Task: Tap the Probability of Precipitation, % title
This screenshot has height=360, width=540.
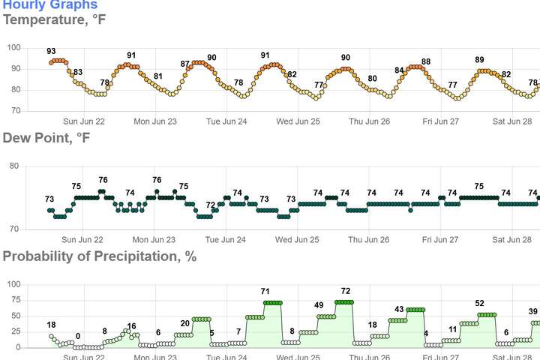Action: pyautogui.click(x=100, y=256)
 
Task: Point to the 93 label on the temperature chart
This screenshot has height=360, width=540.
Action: pyautogui.click(x=51, y=52)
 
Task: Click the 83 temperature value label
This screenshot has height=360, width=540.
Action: pyautogui.click(x=78, y=73)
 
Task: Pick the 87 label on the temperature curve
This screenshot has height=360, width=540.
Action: pyautogui.click(x=185, y=64)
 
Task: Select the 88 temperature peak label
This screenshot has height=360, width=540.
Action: pyautogui.click(x=426, y=62)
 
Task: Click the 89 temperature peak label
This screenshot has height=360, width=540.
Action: pyautogui.click(x=479, y=60)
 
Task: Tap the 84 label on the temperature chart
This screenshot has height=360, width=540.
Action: pyautogui.click(x=400, y=71)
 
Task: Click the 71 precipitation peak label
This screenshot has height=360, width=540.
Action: pyautogui.click(x=265, y=291)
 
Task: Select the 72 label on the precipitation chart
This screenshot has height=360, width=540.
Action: pyautogui.click(x=345, y=291)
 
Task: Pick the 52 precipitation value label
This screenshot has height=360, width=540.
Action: pyautogui.click(x=479, y=304)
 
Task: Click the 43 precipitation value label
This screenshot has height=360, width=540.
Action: pyautogui.click(x=400, y=309)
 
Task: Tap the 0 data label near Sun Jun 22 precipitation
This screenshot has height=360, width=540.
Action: pyautogui.click(x=78, y=337)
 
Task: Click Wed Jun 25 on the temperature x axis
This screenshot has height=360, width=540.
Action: pyautogui.click(x=298, y=121)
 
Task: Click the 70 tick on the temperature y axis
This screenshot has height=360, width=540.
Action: pyautogui.click(x=15, y=111)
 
